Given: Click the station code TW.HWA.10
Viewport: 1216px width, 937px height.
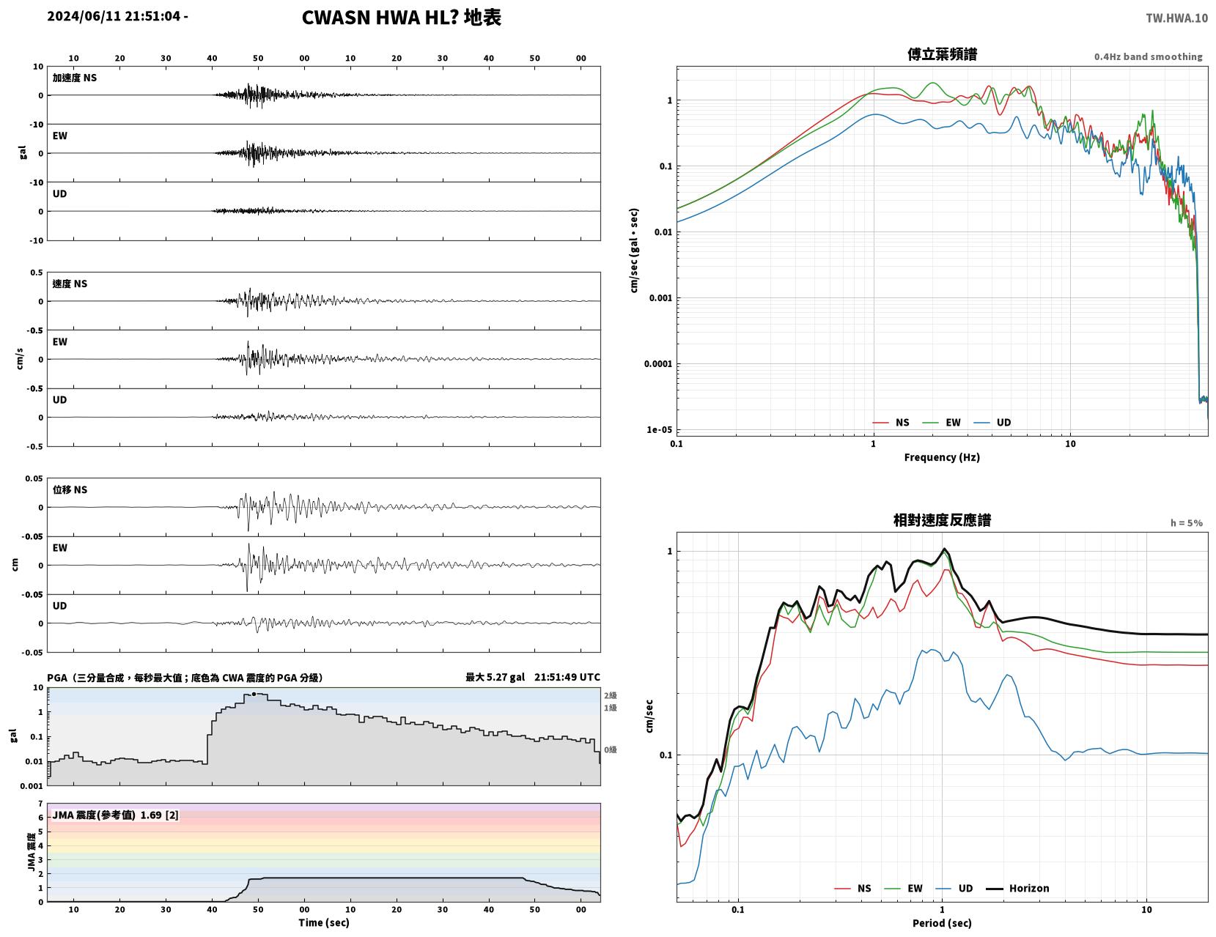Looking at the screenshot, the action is pyautogui.click(x=1176, y=18).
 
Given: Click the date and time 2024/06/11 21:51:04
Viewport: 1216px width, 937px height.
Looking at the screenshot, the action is pyautogui.click(x=114, y=16).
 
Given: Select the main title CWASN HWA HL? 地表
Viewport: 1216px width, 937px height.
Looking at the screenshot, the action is pyautogui.click(x=401, y=18).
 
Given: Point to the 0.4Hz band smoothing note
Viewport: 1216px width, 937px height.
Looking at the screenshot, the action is pyautogui.click(x=1147, y=56).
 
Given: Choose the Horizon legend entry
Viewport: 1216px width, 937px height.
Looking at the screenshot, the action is pyautogui.click(x=1017, y=888).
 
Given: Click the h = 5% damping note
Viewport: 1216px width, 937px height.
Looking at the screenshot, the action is pyautogui.click(x=1186, y=523).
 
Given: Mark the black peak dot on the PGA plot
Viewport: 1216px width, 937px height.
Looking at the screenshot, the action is pyautogui.click(x=254, y=694).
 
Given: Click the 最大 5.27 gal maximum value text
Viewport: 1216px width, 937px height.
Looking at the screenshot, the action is pyautogui.click(x=495, y=677).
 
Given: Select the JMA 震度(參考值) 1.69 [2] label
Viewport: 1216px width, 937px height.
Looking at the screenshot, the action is pyautogui.click(x=116, y=815).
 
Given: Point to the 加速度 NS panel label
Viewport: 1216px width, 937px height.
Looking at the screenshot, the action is pyautogui.click(x=75, y=78).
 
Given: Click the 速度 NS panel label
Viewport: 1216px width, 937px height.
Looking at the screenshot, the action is pyautogui.click(x=70, y=284).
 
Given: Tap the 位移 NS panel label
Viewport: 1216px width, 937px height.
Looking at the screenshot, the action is pyautogui.click(x=70, y=489).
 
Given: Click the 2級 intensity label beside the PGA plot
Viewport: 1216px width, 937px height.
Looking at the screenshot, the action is pyautogui.click(x=610, y=695).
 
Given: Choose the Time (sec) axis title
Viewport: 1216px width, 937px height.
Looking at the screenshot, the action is pyautogui.click(x=323, y=922).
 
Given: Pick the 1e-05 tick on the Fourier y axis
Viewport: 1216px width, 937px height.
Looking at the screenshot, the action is pyautogui.click(x=659, y=429).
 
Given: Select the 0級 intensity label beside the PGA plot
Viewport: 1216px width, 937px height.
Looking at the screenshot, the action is pyautogui.click(x=610, y=749).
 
